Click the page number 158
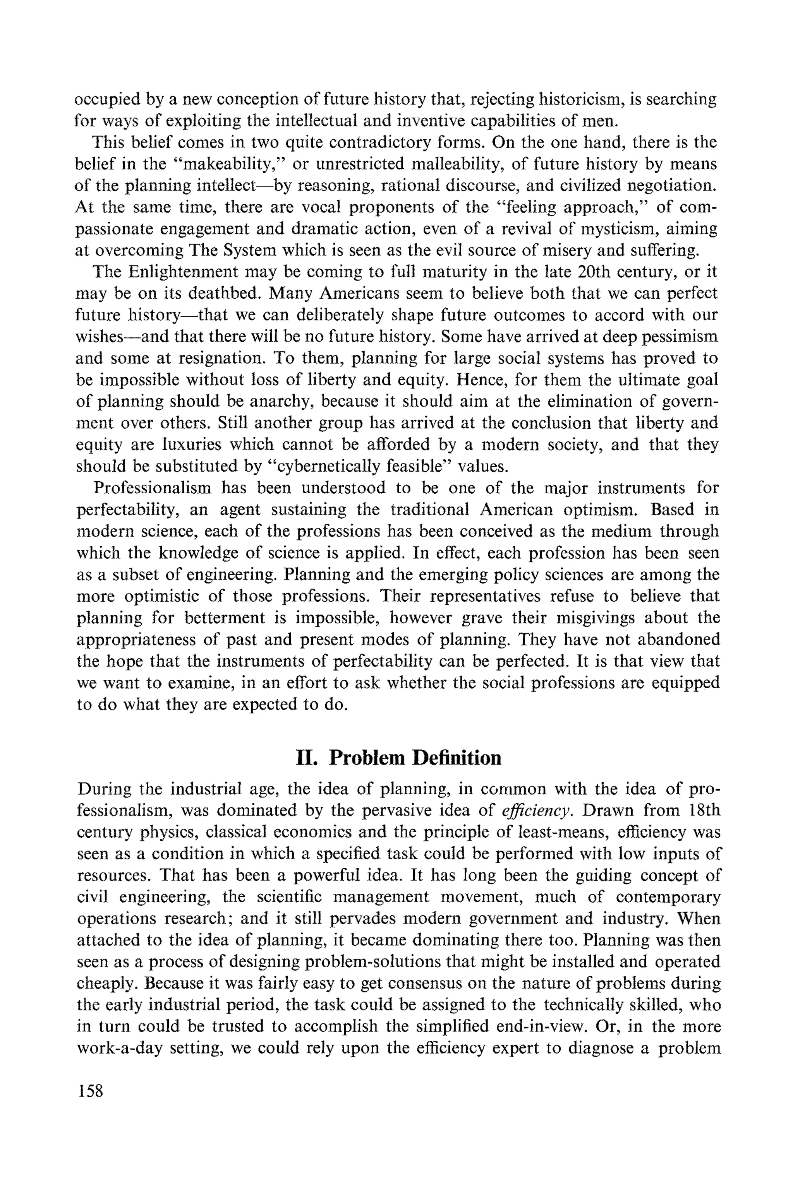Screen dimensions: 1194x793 (90, 1091)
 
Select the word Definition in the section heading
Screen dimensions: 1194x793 (457, 758)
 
